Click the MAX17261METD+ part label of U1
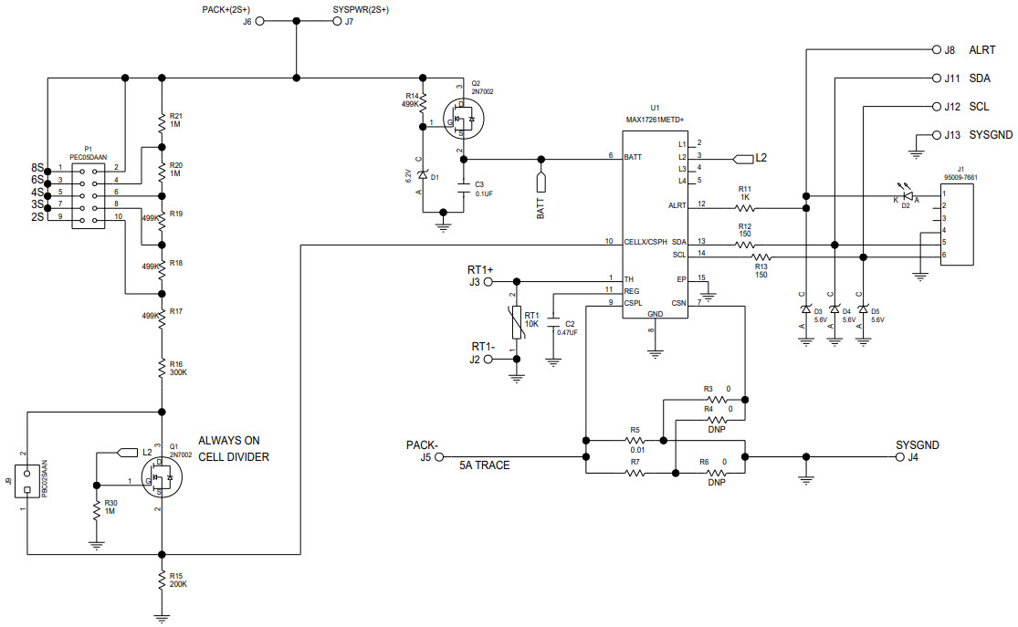(x=654, y=119)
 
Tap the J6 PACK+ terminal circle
(x=260, y=22)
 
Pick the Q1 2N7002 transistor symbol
(x=163, y=477)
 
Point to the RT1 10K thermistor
(x=517, y=319)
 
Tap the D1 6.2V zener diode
(x=423, y=175)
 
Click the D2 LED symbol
(x=906, y=195)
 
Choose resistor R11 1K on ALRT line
(x=745, y=207)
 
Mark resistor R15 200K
(x=162, y=580)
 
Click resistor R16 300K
(x=162, y=368)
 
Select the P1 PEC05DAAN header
(x=89, y=192)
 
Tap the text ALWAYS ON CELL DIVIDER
(x=234, y=448)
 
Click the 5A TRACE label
(x=485, y=465)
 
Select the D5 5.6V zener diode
(x=863, y=310)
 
